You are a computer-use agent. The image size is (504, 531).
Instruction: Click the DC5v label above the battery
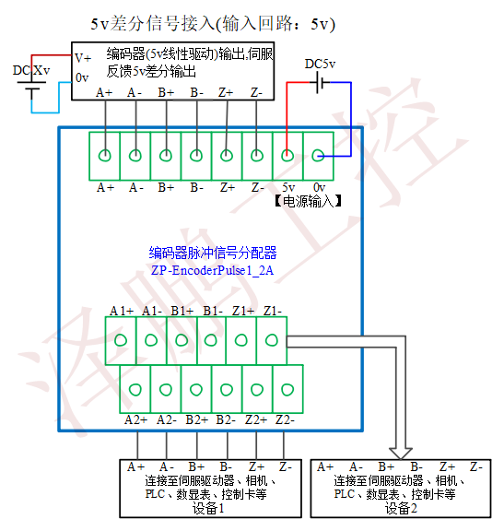320,64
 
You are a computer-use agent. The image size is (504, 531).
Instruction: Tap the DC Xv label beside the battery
31,70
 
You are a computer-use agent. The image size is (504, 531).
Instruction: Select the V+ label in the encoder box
83,58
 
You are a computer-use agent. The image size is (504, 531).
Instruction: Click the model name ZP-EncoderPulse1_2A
212,271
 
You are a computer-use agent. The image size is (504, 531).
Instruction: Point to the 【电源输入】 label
308,201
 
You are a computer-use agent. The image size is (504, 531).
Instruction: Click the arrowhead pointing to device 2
401,454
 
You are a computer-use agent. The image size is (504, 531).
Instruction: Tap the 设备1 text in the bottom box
208,508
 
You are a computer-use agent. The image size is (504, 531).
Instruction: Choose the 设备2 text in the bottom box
401,508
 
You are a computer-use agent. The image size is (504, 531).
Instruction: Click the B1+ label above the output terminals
182,311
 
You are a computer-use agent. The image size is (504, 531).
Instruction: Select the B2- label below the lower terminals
226,420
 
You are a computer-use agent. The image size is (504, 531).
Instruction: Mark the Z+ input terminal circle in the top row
226,156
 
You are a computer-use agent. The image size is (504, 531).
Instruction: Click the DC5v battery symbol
320,82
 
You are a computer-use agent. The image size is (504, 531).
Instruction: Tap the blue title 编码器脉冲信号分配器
213,254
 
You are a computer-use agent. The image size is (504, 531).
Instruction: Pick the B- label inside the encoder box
196,92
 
